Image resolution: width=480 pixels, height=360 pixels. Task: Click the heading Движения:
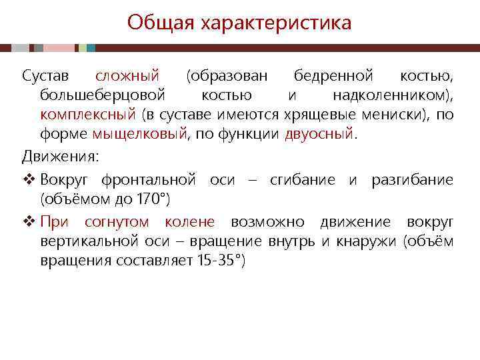pos(61,157)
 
